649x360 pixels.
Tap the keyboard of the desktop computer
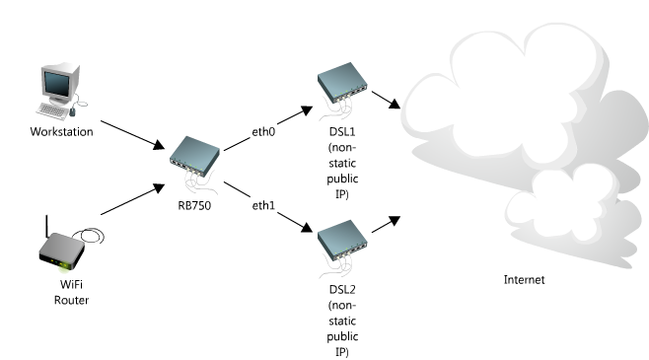click(x=53, y=111)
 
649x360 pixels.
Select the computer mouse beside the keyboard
click(x=72, y=113)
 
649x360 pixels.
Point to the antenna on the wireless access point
click(x=47, y=226)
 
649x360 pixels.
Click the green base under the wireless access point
click(x=65, y=266)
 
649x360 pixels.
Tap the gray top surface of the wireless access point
click(x=61, y=247)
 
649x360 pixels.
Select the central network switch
click(x=194, y=153)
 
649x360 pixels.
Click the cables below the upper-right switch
click(x=335, y=111)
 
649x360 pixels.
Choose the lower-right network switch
click(x=341, y=237)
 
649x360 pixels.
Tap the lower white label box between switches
click(x=262, y=204)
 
